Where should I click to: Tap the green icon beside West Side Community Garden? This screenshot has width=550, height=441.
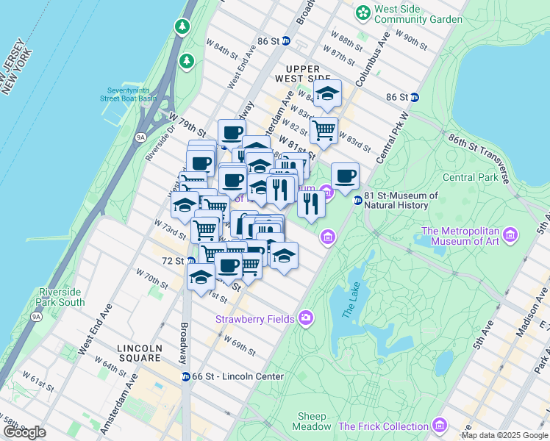pos(362,12)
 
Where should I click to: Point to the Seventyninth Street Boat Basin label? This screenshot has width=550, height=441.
pos(129,95)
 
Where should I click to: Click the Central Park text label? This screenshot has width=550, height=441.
pos(471,177)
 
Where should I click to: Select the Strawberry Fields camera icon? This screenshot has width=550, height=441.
pos(306,318)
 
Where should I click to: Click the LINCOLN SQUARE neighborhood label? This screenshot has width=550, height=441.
pos(139,353)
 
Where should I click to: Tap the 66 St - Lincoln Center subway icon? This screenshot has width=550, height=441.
pos(187,376)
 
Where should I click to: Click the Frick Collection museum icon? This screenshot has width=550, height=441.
pos(439,426)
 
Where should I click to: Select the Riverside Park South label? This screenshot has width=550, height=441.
pos(60,297)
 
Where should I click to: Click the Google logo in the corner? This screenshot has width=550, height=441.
pos(24,432)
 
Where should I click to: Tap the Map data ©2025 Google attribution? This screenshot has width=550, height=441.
pos(504,435)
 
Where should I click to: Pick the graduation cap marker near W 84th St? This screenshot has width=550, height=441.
pos(327,93)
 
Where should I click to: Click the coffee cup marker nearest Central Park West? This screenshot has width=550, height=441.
pos(345,176)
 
